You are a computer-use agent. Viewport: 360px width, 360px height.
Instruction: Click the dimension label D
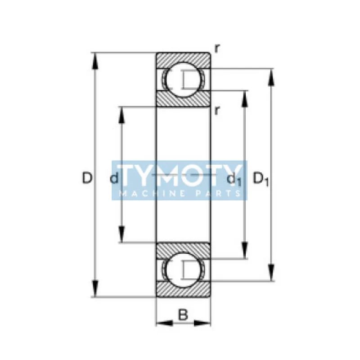click(x=87, y=178)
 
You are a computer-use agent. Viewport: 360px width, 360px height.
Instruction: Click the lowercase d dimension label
click(x=114, y=178)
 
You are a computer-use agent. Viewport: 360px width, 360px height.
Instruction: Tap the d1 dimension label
click(x=234, y=180)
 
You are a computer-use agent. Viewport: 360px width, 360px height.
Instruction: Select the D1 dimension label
click(x=261, y=179)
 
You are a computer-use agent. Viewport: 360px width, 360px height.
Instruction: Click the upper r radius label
click(x=217, y=49)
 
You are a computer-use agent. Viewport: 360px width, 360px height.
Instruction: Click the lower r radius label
click(x=217, y=111)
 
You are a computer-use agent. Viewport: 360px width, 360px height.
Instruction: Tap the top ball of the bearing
click(x=183, y=80)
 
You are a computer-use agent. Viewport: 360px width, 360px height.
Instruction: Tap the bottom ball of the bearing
click(x=183, y=270)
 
